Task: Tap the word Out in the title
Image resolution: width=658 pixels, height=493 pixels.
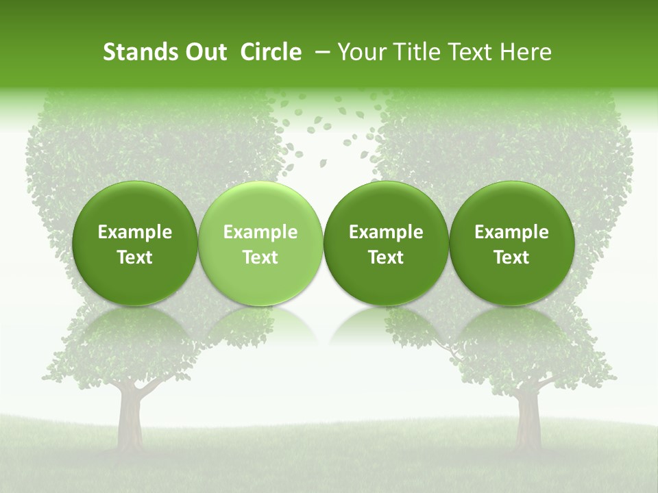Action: pyautogui.click(x=204, y=53)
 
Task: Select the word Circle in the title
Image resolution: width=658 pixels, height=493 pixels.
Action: pyautogui.click(x=271, y=53)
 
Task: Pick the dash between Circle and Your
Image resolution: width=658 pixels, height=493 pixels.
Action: pyautogui.click(x=320, y=53)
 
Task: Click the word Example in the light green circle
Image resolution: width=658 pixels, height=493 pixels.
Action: pyautogui.click(x=260, y=232)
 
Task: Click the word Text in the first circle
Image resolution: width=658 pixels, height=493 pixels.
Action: pyautogui.click(x=135, y=257)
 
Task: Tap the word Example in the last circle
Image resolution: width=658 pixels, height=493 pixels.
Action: pyautogui.click(x=512, y=232)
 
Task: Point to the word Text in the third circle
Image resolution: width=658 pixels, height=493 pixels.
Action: pyautogui.click(x=386, y=257)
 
